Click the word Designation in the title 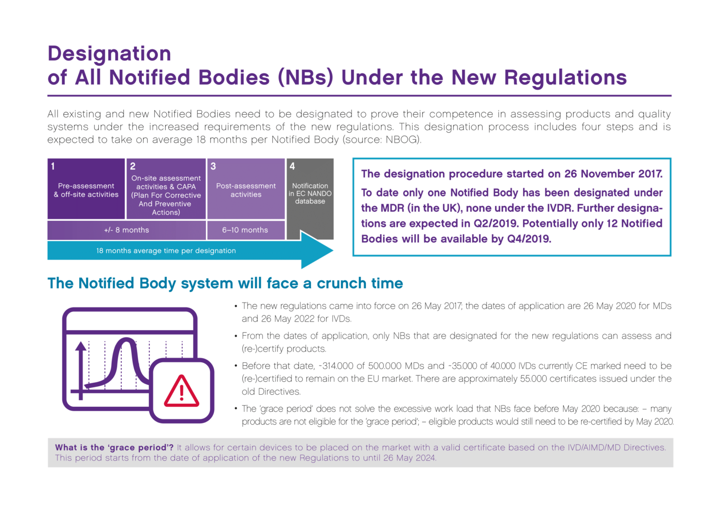click(x=110, y=54)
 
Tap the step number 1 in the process click(x=53, y=166)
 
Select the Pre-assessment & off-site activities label click(x=86, y=190)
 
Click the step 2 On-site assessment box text click(x=166, y=195)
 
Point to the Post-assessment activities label click(x=246, y=190)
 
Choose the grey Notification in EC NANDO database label click(x=310, y=193)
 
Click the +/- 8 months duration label click(x=127, y=230)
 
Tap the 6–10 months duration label click(x=245, y=230)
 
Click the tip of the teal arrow click(x=333, y=250)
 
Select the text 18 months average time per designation click(x=166, y=250)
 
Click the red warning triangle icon click(x=182, y=391)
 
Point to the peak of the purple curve click(x=127, y=339)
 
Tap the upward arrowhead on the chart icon click(x=81, y=347)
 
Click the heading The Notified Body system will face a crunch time click(x=225, y=284)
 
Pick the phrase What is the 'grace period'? click(x=114, y=447)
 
